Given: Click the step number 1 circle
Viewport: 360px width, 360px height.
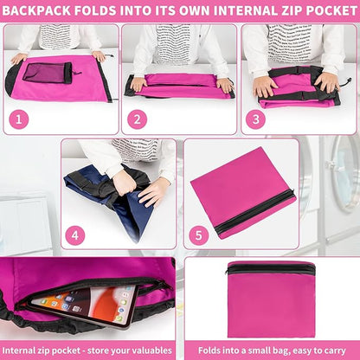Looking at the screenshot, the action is click(19, 119).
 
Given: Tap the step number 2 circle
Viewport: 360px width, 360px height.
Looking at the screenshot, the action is click(137, 119).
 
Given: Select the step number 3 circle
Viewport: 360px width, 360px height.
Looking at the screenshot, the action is click(255, 119).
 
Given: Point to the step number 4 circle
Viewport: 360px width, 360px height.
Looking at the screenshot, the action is click(75, 235).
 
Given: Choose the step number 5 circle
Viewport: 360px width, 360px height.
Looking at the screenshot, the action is click(199, 235).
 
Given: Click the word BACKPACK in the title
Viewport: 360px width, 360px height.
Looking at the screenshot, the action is click(36, 11).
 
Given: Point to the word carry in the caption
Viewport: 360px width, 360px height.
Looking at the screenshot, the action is click(334, 351).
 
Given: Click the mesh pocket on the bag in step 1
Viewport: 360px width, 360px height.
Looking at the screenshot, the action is click(47, 73).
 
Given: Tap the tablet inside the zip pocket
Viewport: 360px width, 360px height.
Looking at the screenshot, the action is click(84, 306).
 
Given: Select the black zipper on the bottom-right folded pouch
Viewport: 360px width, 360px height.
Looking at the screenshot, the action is click(270, 269).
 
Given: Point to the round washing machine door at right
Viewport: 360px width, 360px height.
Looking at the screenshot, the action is click(345, 173).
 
